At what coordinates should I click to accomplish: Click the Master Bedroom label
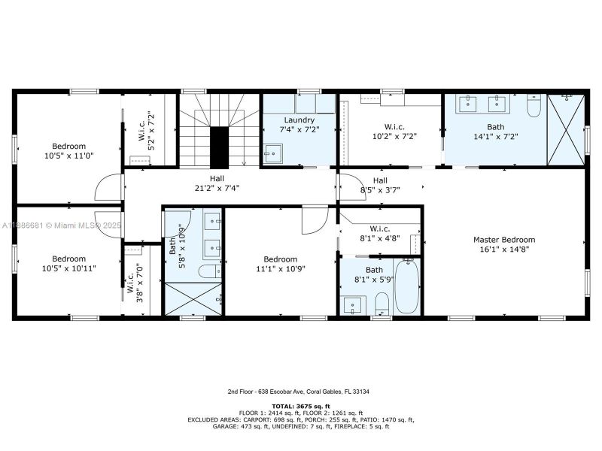pos(503,240)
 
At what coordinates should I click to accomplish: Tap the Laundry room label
pos(298,120)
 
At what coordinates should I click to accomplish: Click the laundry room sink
pos(271,154)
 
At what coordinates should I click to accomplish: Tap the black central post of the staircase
pos(218,147)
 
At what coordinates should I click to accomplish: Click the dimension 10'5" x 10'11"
pos(68,268)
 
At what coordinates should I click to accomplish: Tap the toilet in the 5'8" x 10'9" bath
pos(208,271)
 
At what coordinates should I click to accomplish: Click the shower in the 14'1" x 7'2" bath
pos(565,125)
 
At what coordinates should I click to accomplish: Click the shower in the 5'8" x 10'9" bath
pos(193,299)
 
